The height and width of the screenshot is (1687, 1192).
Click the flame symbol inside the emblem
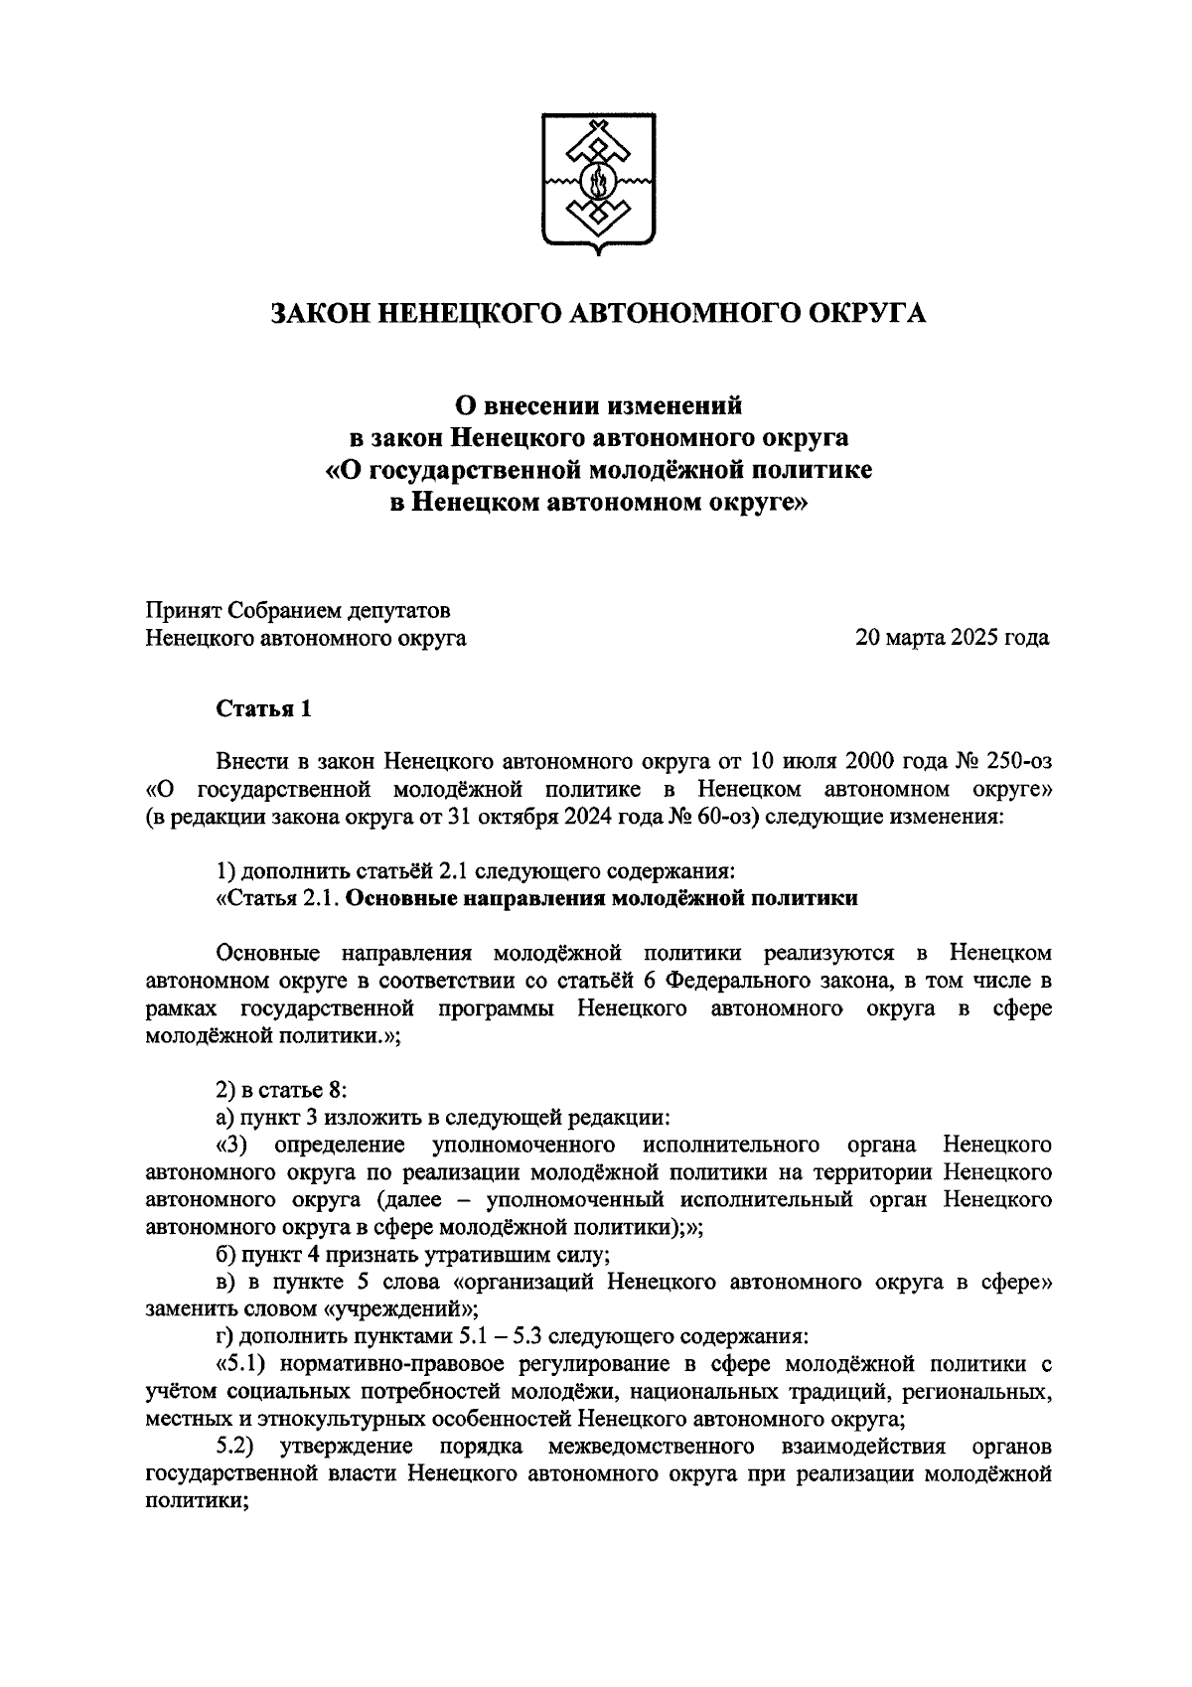click(x=598, y=182)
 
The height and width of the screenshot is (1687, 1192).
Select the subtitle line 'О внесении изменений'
click(x=598, y=405)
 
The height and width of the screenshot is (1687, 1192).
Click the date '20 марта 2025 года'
click(x=952, y=638)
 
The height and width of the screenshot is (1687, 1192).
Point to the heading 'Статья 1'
click(x=265, y=708)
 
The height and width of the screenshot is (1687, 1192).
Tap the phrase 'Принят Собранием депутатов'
click(x=298, y=609)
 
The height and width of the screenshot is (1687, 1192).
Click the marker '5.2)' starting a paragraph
click(x=238, y=1446)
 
